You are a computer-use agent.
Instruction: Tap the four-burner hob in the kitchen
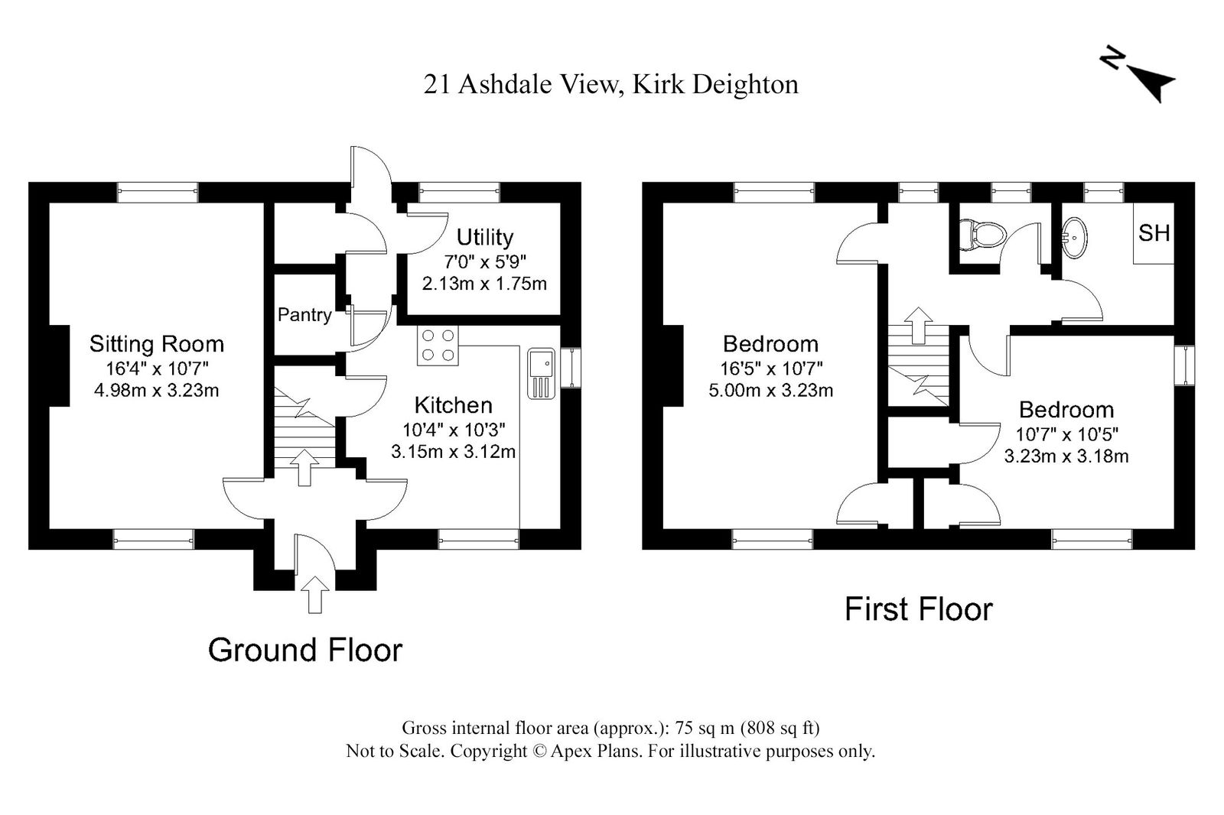tap(438, 346)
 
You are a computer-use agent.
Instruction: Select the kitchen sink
tap(541, 374)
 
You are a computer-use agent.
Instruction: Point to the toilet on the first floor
tap(982, 235)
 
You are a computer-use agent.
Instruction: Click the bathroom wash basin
tap(1074, 239)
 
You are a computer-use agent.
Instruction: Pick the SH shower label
tap(1154, 233)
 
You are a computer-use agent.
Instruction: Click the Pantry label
tap(304, 315)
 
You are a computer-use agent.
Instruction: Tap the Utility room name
tap(485, 238)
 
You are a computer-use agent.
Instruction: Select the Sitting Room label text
tap(157, 344)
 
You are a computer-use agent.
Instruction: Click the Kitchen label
tap(454, 405)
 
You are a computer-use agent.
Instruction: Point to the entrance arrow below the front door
tap(314, 594)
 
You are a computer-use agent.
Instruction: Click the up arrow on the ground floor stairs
tap(304, 468)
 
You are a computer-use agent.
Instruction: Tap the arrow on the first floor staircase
tap(919, 326)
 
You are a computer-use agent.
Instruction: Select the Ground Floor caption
tap(305, 650)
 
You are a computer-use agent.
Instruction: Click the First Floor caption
tap(919, 609)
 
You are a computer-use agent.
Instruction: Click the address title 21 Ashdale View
tap(520, 85)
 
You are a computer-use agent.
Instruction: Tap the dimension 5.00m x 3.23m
tap(770, 391)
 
